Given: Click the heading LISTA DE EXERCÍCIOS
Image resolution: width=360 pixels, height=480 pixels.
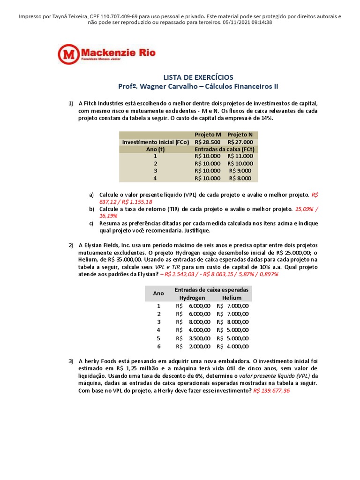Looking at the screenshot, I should (x=197, y=77).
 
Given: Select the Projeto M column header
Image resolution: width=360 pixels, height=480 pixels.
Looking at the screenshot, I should (x=208, y=135).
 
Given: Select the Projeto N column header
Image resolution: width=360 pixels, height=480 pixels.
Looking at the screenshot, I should (x=240, y=135).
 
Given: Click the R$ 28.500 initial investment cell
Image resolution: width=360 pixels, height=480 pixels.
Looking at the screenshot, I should (x=207, y=142).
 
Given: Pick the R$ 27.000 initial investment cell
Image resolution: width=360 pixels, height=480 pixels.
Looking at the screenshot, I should (x=240, y=142).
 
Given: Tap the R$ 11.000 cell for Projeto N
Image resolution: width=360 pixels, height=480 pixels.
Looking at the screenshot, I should (x=240, y=156).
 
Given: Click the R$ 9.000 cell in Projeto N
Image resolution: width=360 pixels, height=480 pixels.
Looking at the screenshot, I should (x=240, y=171).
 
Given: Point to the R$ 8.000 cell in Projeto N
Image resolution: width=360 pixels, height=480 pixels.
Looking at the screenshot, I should (x=240, y=178).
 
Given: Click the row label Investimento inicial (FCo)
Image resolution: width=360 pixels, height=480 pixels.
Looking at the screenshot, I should (x=155, y=142).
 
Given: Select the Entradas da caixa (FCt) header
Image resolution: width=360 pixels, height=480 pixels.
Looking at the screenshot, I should (x=224, y=149).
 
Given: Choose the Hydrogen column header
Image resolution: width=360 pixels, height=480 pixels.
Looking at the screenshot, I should (x=192, y=298).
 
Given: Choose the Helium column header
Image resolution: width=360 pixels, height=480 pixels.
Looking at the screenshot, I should (x=232, y=298).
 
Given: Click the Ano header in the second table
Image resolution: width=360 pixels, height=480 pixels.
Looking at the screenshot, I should (x=158, y=293).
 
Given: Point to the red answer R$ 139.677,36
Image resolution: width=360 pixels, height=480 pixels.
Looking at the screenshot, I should (x=271, y=390).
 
